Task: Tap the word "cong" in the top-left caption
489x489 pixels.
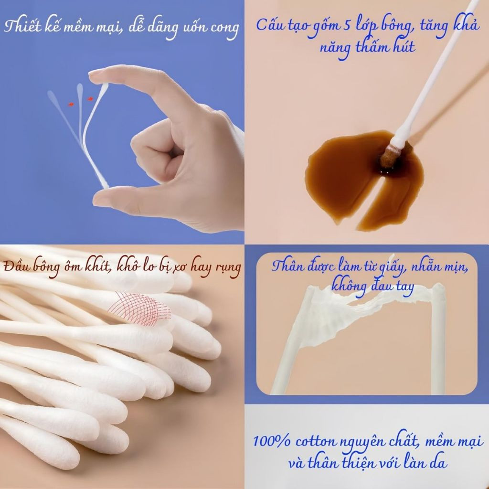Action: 224,28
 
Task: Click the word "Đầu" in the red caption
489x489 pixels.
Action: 14,267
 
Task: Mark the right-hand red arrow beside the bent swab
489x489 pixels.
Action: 90,99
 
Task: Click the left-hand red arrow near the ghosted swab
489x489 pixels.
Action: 72,104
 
